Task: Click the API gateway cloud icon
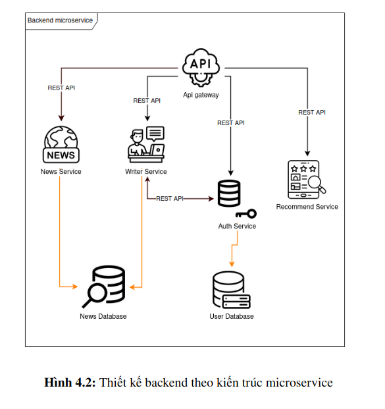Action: tap(201, 67)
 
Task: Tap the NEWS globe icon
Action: tap(61, 144)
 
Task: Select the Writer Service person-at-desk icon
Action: tap(146, 144)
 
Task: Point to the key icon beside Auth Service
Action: tap(246, 214)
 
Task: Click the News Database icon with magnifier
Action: tap(104, 286)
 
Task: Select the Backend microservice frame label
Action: tap(60, 20)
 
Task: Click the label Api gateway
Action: tap(201, 95)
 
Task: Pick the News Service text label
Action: tap(61, 172)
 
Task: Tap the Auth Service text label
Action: tap(237, 226)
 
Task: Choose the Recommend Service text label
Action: tap(307, 207)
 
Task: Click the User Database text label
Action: tap(232, 316)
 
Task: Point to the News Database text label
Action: tap(103, 316)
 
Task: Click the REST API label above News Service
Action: tap(61, 88)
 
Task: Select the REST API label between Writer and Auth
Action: tap(170, 199)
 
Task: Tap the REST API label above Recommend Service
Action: tap(312, 113)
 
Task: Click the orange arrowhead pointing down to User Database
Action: tap(232, 264)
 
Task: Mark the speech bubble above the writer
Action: tap(155, 134)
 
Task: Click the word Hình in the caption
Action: tap(58, 383)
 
